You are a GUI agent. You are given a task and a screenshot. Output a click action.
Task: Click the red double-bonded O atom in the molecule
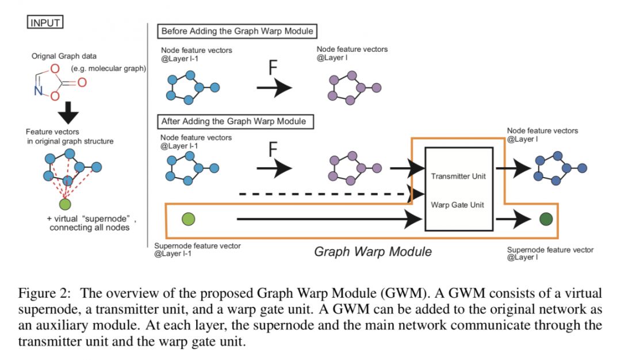pos(82,83)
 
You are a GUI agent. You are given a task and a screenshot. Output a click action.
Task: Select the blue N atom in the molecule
pos(37,90)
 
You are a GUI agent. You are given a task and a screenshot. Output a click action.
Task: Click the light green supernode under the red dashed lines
pos(66,204)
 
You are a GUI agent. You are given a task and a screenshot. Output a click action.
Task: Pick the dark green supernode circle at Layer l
pos(546,219)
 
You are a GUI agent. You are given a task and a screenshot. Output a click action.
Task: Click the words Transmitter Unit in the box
pos(458,176)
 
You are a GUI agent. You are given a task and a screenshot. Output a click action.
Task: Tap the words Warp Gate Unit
pos(458,204)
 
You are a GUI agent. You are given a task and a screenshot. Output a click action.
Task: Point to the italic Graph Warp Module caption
pos(373,251)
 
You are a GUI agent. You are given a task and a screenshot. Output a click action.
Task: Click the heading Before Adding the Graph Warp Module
pos(240,31)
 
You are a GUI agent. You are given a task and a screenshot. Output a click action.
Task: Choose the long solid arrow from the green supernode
pos(328,219)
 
